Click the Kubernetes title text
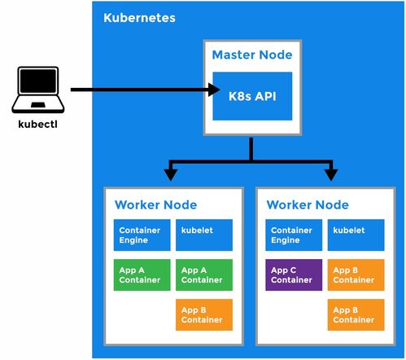tap(139, 18)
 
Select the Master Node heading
tap(252, 55)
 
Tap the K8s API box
tap(252, 96)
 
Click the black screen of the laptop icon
tap(38, 81)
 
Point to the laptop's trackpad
tap(38, 105)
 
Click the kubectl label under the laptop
tap(37, 125)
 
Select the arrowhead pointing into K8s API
tap(214, 90)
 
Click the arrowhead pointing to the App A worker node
tap(171, 175)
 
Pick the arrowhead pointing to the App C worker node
tap(331, 175)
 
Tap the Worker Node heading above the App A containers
tap(156, 205)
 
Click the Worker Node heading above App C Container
tap(308, 205)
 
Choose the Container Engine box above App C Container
tap(294, 235)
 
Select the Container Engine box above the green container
tap(142, 235)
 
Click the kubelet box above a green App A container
tap(204, 235)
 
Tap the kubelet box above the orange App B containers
tap(356, 235)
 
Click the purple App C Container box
tap(294, 274)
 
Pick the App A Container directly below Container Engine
tap(142, 274)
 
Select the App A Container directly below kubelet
tap(204, 274)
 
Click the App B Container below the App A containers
tap(204, 314)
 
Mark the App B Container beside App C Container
tap(356, 274)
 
